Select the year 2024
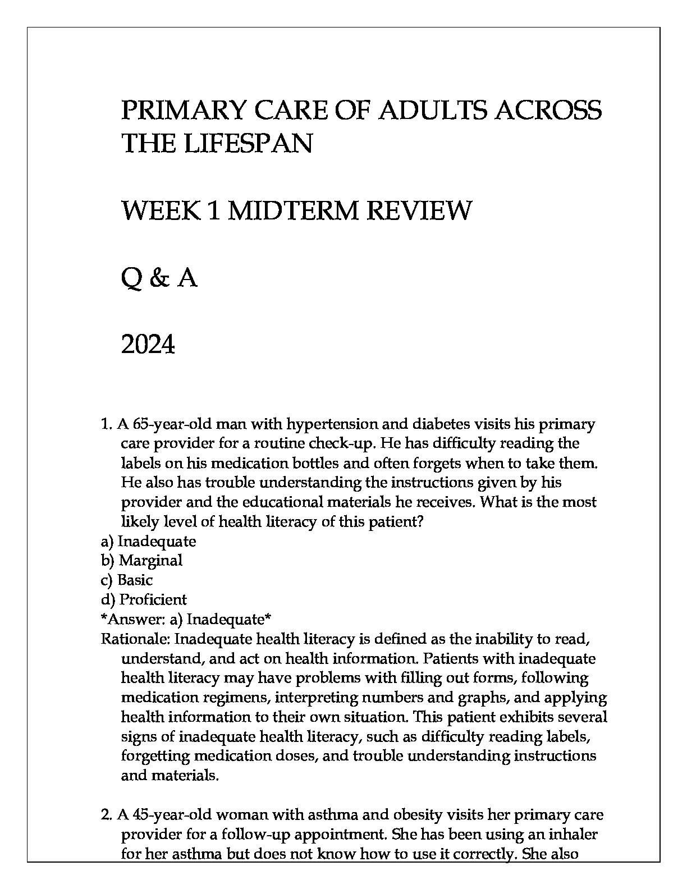[x=148, y=345]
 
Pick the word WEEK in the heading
[x=161, y=210]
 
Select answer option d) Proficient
[x=144, y=599]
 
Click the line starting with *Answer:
[x=186, y=619]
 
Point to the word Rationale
[x=135, y=639]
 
